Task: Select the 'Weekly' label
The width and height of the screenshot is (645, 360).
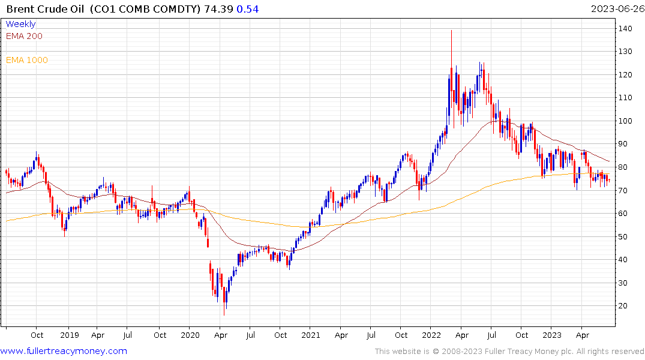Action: [20, 24]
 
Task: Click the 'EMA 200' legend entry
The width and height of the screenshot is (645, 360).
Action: [24, 36]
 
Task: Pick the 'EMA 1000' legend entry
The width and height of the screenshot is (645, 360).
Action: [26, 60]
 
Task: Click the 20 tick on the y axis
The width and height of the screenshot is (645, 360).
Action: [625, 306]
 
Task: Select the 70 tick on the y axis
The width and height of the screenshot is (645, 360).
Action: [625, 191]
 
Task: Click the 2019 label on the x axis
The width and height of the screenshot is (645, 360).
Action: [70, 335]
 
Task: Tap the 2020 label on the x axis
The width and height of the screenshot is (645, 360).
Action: [190, 335]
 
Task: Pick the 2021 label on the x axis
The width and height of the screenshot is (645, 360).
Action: [311, 335]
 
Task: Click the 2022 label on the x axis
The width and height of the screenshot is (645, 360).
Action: [432, 335]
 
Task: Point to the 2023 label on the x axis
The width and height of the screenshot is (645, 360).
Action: [553, 335]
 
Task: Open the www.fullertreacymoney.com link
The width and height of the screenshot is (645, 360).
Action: [64, 351]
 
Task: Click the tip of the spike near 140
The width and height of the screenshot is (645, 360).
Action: [451, 30]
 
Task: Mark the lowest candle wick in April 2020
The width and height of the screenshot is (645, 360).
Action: [224, 314]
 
